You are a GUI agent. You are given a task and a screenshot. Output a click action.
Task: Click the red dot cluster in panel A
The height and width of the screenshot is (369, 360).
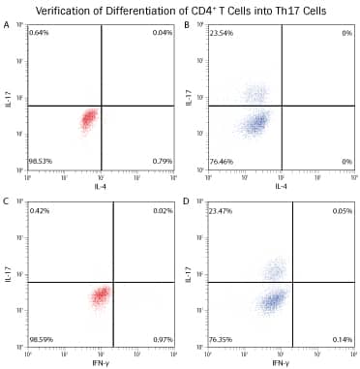(88, 119)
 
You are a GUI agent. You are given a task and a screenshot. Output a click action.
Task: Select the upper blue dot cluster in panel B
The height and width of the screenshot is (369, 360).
(255, 94)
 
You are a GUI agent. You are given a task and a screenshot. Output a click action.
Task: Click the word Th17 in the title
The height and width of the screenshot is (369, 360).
(274, 10)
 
